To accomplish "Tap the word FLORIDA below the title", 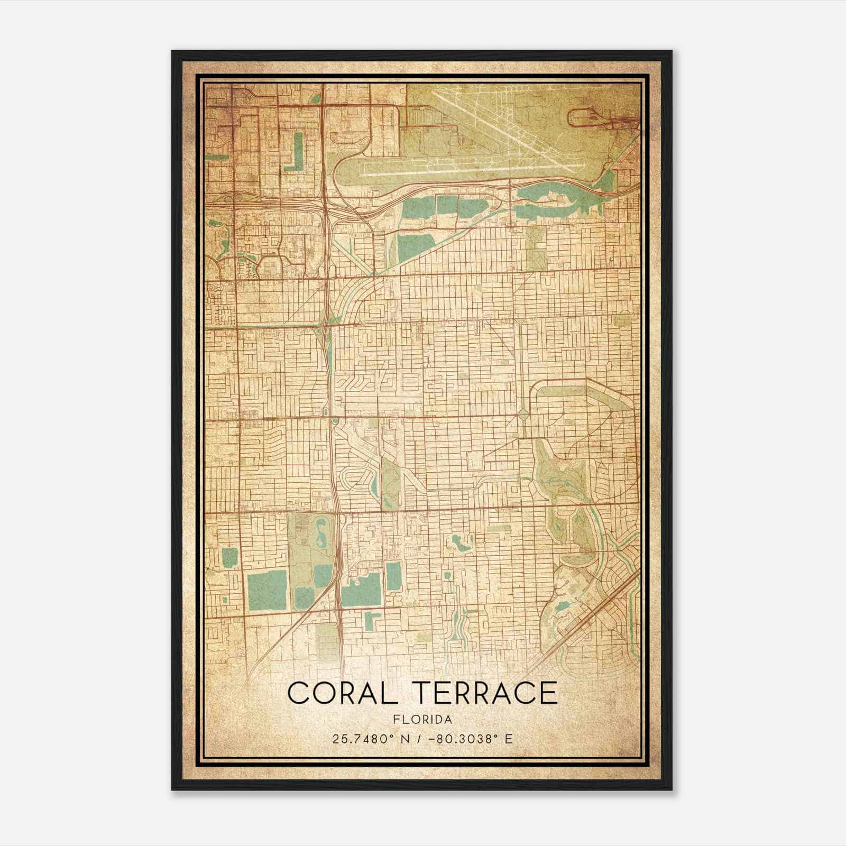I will click(x=423, y=720).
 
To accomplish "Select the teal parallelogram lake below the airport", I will click(x=415, y=249).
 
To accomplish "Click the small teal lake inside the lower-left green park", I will click(x=320, y=531).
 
